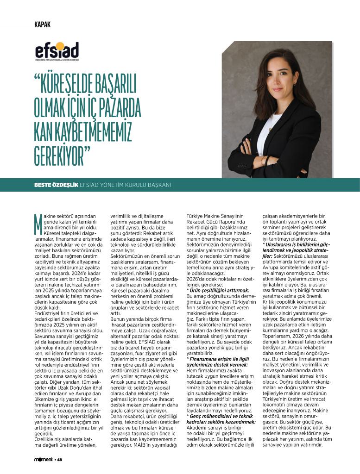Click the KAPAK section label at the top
[42, 25]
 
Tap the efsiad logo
[57, 51]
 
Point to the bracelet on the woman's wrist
[265, 161]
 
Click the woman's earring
[293, 84]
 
